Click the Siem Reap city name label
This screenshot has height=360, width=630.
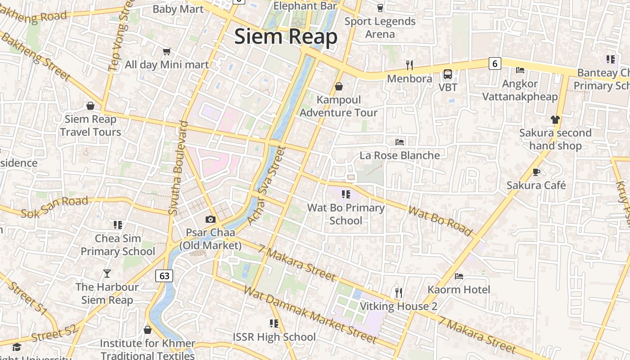click(x=286, y=36)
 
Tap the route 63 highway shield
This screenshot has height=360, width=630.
click(x=164, y=275)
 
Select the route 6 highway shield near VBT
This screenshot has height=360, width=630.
click(x=495, y=63)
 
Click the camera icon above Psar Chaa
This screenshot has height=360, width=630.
click(x=210, y=220)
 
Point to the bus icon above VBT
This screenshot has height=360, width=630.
click(x=447, y=74)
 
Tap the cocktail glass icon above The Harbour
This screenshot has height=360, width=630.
click(x=107, y=273)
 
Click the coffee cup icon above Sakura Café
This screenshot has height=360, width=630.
click(x=536, y=172)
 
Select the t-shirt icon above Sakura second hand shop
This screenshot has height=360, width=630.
click(x=555, y=119)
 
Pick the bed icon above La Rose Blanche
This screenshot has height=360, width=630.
click(x=399, y=142)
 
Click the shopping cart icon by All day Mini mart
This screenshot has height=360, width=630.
click(x=166, y=52)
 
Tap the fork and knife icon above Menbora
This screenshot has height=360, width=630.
click(x=409, y=65)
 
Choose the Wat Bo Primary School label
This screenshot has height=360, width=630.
click(x=346, y=214)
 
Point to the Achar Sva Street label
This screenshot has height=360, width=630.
click(x=266, y=185)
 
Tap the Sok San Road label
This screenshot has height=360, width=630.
click(x=54, y=207)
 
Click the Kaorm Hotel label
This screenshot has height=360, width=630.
click(x=459, y=289)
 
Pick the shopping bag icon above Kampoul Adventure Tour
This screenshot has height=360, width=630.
click(x=338, y=86)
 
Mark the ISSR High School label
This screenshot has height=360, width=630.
click(x=274, y=337)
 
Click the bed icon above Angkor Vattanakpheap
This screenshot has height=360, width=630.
click(x=520, y=70)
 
